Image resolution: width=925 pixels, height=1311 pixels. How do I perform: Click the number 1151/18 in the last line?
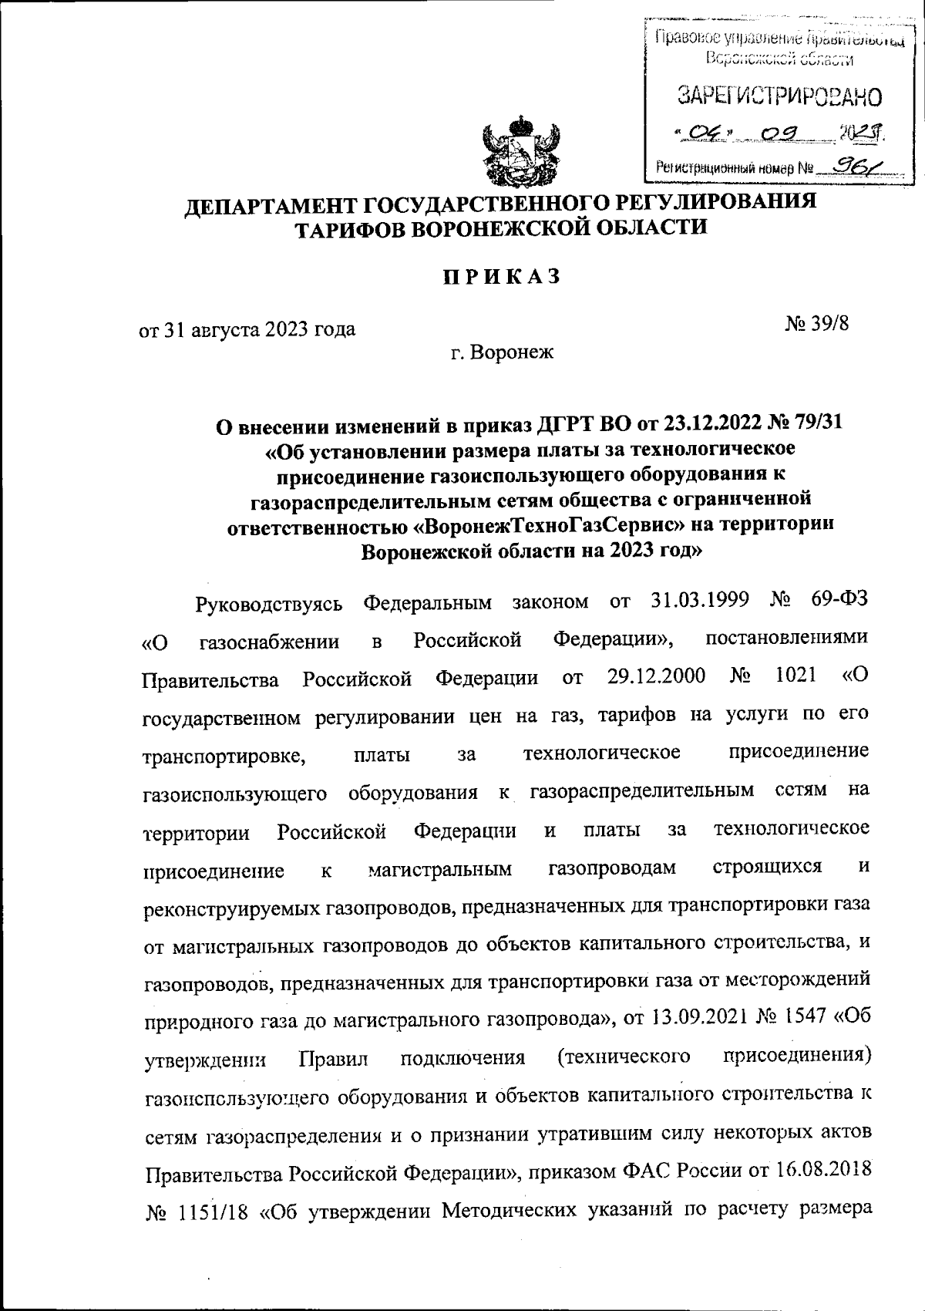218,1211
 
